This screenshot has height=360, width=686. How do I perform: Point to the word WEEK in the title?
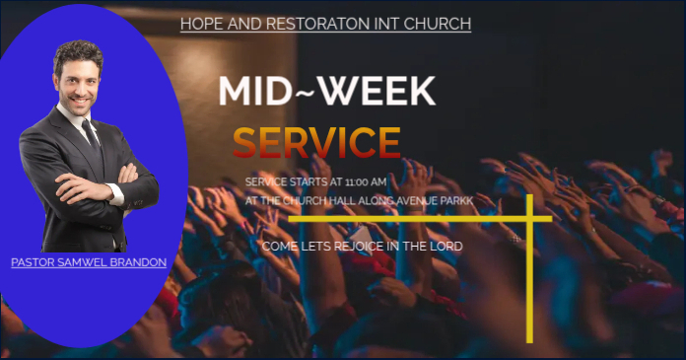coord(379,91)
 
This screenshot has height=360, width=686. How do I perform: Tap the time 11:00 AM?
coord(366,182)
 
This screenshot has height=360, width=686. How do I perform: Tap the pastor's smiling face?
coord(79,82)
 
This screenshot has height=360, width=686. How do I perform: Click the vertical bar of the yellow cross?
coord(529,286)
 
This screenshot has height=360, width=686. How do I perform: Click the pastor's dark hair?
coord(77,51)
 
